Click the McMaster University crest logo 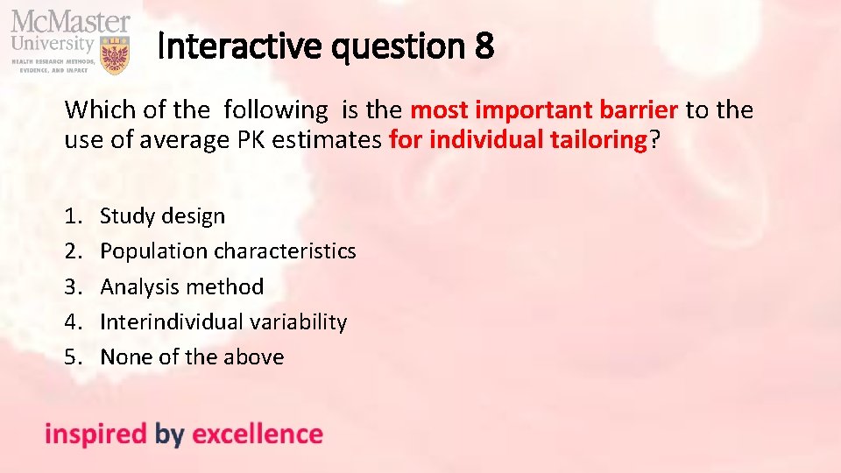[x=115, y=54]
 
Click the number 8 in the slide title [x=484, y=46]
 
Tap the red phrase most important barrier [x=544, y=110]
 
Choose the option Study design [x=162, y=215]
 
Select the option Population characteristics [x=228, y=251]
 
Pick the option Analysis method [x=181, y=286]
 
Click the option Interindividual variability [x=223, y=321]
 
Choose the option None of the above [x=192, y=357]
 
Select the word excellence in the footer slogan [x=257, y=434]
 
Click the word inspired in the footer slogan [x=95, y=434]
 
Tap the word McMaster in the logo [x=70, y=21]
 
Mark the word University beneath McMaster [x=52, y=42]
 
